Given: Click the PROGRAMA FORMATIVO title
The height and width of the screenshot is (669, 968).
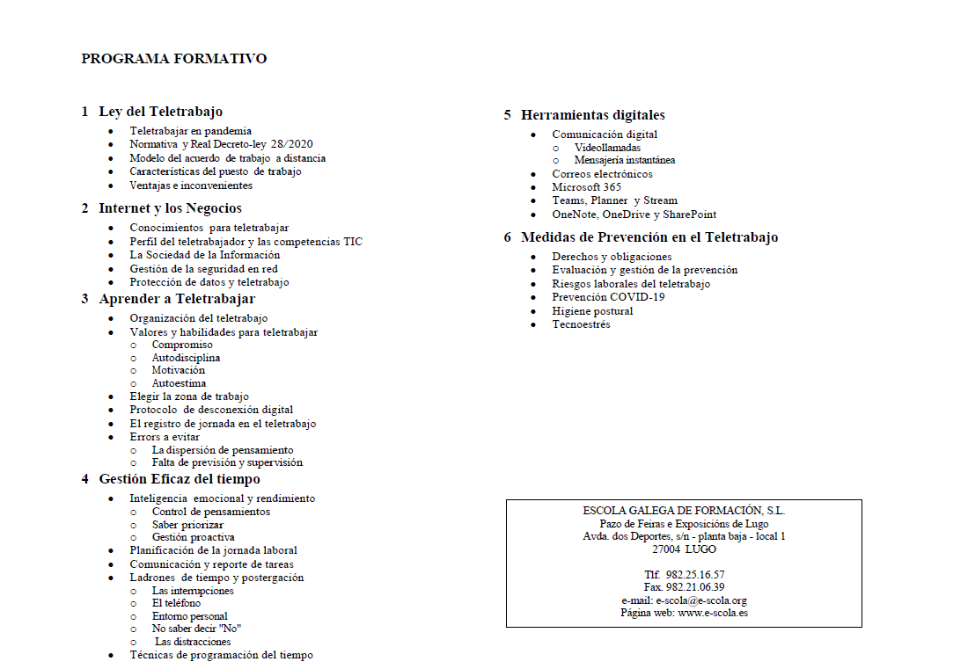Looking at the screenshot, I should click(173, 59).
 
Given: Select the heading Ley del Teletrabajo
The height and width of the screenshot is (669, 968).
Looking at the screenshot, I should click(160, 112).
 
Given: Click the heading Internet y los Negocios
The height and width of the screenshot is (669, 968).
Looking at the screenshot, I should click(170, 208).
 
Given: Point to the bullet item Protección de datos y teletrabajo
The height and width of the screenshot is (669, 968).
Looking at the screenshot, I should click(209, 282).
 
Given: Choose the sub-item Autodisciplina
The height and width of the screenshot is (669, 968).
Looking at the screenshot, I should click(186, 358).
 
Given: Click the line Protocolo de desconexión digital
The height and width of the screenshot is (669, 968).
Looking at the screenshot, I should click(211, 410).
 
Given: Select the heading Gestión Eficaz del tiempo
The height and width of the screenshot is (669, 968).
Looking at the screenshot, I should click(180, 479).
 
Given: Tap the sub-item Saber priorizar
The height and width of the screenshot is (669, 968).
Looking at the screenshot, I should click(187, 524).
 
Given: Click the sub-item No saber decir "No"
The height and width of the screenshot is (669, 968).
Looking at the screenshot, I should click(196, 629).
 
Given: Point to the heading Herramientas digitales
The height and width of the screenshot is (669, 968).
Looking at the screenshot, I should click(592, 115).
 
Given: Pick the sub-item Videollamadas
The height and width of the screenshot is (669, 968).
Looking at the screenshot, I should click(607, 148).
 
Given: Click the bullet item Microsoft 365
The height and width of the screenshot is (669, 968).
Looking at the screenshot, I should click(586, 187).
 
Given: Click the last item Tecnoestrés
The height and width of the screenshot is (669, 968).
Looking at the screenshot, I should click(581, 324).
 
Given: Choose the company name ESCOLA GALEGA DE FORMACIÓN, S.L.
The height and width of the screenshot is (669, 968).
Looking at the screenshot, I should click(684, 510).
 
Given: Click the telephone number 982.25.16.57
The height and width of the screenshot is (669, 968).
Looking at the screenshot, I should click(695, 575).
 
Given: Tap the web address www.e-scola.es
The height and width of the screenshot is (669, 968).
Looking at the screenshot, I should click(713, 613).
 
